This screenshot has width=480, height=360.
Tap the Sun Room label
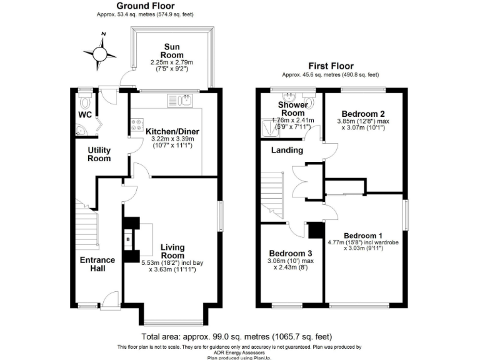coord(172,51)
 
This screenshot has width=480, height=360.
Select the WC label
coord(85,115)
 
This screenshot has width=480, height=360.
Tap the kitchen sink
coord(181,99)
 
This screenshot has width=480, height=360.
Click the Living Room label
coord(172,251)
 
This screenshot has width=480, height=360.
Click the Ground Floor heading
coord(144,6)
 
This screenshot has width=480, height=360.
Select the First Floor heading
coord(331,66)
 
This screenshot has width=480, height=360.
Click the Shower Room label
coord(293,109)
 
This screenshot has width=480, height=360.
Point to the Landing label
coord(287,150)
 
